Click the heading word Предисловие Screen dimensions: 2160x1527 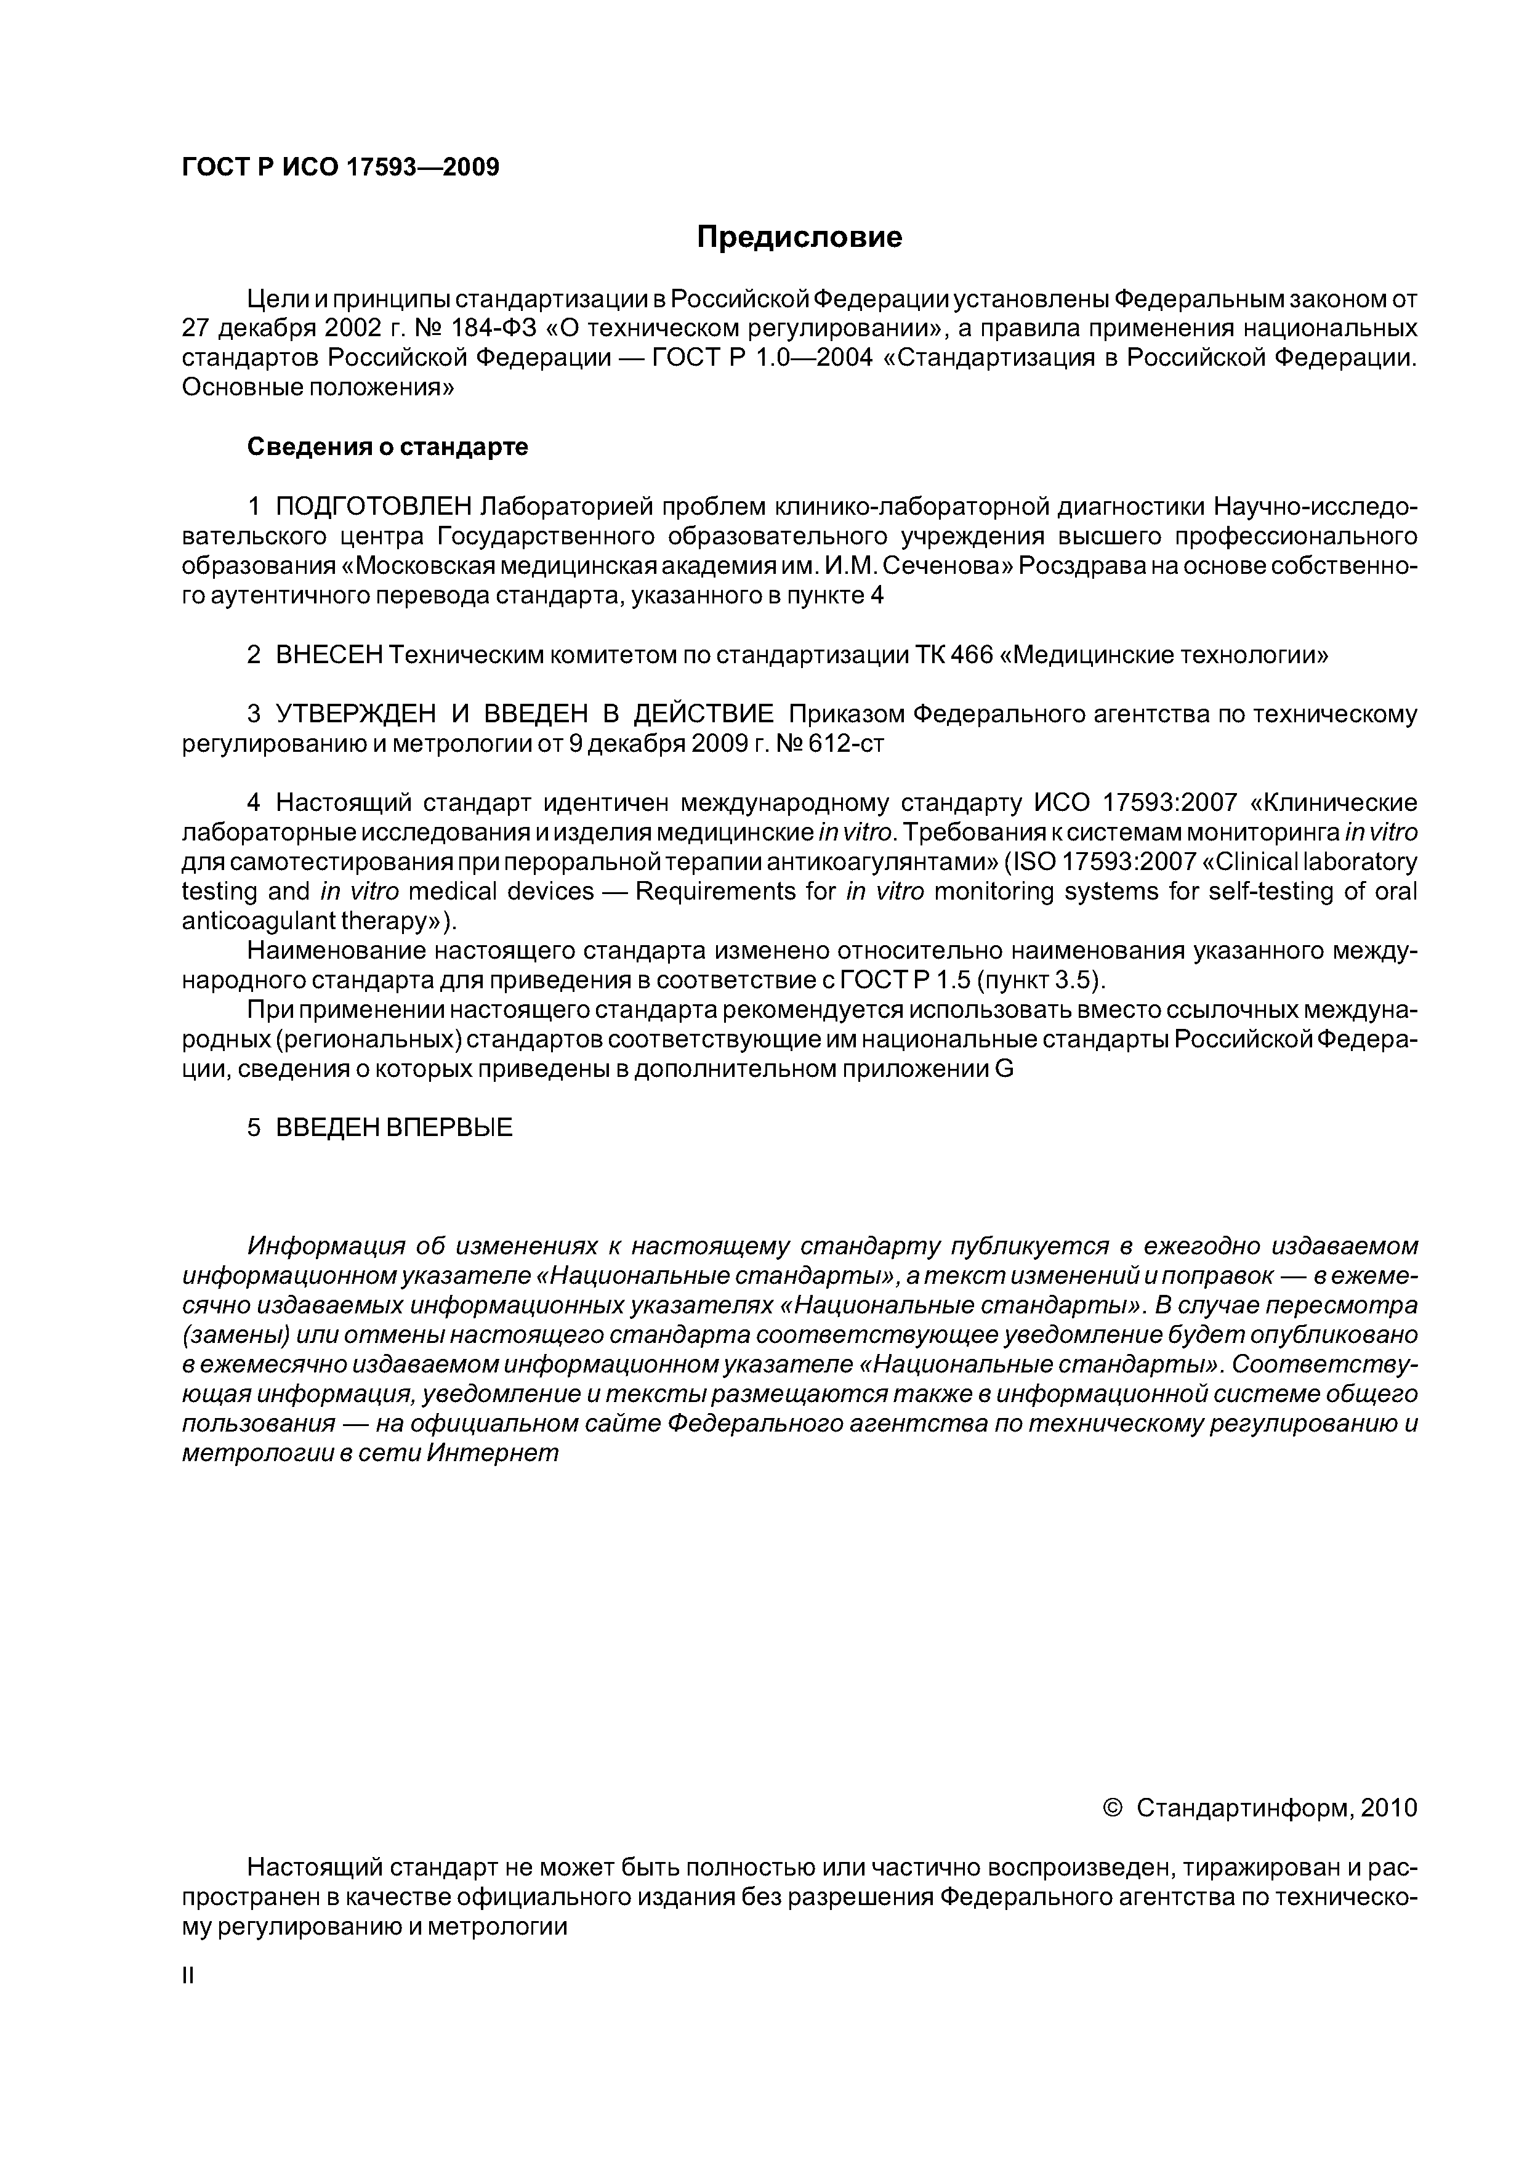pyautogui.click(x=799, y=237)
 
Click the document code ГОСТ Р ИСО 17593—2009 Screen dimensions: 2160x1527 pyautogui.click(x=340, y=167)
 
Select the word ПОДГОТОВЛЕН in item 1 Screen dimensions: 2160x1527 pyautogui.click(x=374, y=507)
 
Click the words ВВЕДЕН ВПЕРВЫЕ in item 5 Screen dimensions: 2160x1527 pyautogui.click(x=393, y=1128)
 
